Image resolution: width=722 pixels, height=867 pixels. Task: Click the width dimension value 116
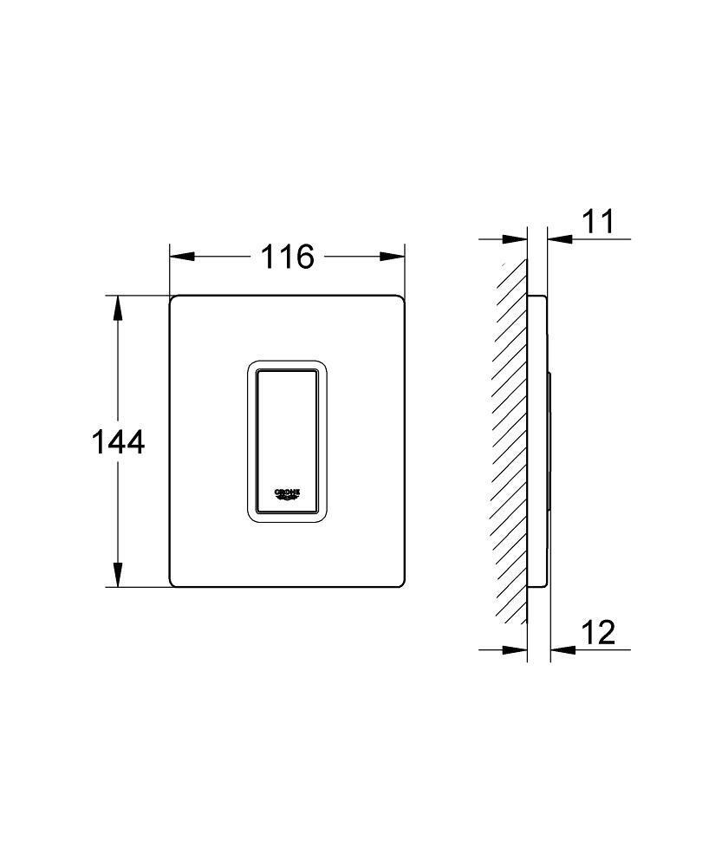[288, 257]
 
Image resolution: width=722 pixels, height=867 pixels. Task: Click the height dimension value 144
[118, 442]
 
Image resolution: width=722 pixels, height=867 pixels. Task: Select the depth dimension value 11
[596, 222]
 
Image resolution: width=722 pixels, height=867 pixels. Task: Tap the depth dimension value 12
[596, 633]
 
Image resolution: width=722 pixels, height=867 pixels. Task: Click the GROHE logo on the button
[288, 493]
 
